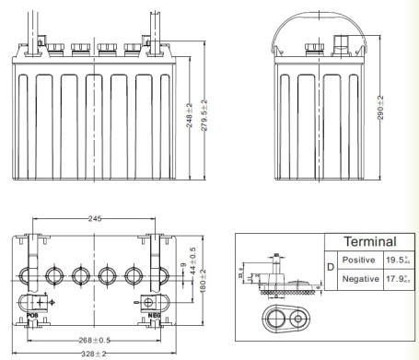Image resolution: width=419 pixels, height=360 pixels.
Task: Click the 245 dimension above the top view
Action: coord(95,218)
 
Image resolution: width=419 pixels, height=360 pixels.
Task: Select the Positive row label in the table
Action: coord(361,260)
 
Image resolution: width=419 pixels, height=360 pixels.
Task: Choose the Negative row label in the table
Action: coord(361,279)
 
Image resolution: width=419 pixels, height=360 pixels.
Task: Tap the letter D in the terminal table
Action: coord(331,269)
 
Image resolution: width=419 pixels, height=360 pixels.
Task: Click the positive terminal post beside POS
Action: coord(40,301)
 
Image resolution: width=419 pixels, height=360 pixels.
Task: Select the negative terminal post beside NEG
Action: coord(147,301)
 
